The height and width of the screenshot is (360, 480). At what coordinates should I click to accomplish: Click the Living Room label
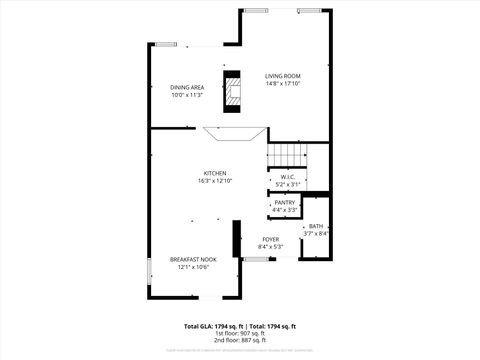click(x=283, y=76)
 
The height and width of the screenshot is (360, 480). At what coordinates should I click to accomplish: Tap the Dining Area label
click(x=187, y=88)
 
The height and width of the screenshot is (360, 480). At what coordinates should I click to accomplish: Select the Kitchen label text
click(x=215, y=173)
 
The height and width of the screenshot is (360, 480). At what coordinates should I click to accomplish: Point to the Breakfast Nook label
click(x=187, y=259)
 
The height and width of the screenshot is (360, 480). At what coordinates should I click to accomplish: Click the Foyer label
click(x=270, y=239)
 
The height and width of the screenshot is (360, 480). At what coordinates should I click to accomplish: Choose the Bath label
click(x=316, y=227)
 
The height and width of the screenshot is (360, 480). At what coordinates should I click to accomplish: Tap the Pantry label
click(x=285, y=202)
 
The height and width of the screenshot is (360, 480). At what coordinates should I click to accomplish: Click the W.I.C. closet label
click(x=287, y=177)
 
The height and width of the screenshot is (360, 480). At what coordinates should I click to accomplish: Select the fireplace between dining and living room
click(x=233, y=90)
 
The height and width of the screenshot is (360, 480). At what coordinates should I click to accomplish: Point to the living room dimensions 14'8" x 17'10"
click(x=283, y=84)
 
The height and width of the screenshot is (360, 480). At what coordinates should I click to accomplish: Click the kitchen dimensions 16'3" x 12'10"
click(x=215, y=181)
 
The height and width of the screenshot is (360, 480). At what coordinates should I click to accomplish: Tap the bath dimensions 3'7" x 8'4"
click(x=316, y=234)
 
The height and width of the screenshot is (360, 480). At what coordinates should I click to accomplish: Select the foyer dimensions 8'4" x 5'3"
click(x=270, y=246)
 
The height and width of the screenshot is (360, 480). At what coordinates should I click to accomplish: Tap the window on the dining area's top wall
click(x=168, y=45)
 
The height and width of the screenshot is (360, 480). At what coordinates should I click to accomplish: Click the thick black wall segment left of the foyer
click(x=236, y=239)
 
